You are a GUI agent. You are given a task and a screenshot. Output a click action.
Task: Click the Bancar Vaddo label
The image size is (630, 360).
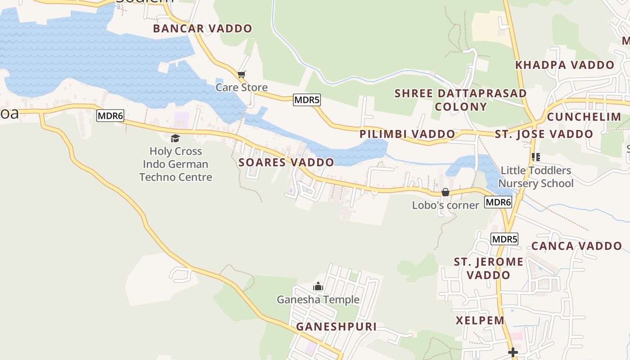[202, 28]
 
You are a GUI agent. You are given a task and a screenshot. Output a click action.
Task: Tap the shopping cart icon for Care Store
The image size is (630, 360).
[242, 74]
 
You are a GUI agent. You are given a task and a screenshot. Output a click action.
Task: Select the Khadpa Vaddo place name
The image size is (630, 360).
[565, 65]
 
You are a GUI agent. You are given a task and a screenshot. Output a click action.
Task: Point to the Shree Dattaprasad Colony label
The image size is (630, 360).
[460, 100]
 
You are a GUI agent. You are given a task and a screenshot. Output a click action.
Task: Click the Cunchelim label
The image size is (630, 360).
[584, 117]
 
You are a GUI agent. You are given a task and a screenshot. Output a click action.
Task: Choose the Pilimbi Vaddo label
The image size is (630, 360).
[407, 134]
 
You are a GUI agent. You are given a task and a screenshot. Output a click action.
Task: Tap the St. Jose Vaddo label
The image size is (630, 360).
[544, 134]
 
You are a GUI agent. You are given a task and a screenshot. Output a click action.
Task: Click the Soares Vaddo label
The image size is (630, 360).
[286, 162]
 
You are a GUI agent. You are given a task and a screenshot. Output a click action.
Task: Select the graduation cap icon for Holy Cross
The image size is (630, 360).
[175, 138]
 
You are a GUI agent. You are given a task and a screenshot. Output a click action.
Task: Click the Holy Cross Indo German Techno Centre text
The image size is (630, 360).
[175, 164]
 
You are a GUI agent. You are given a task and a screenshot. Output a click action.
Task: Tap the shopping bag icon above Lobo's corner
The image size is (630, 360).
[445, 192]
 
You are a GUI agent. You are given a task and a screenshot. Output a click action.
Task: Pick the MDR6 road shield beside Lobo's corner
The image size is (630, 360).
[498, 202]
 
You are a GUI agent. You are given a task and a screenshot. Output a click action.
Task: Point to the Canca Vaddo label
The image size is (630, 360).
[576, 246]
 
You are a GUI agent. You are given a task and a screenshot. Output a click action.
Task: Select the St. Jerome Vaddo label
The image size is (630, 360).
[488, 268]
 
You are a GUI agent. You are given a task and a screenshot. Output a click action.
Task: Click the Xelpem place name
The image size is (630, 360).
[480, 320]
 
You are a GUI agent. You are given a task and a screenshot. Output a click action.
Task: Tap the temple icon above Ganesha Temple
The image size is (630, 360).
[318, 286]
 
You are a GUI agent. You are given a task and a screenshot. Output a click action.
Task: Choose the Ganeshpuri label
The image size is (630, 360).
[336, 327]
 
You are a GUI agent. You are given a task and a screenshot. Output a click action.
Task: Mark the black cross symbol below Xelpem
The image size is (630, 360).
[513, 352]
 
